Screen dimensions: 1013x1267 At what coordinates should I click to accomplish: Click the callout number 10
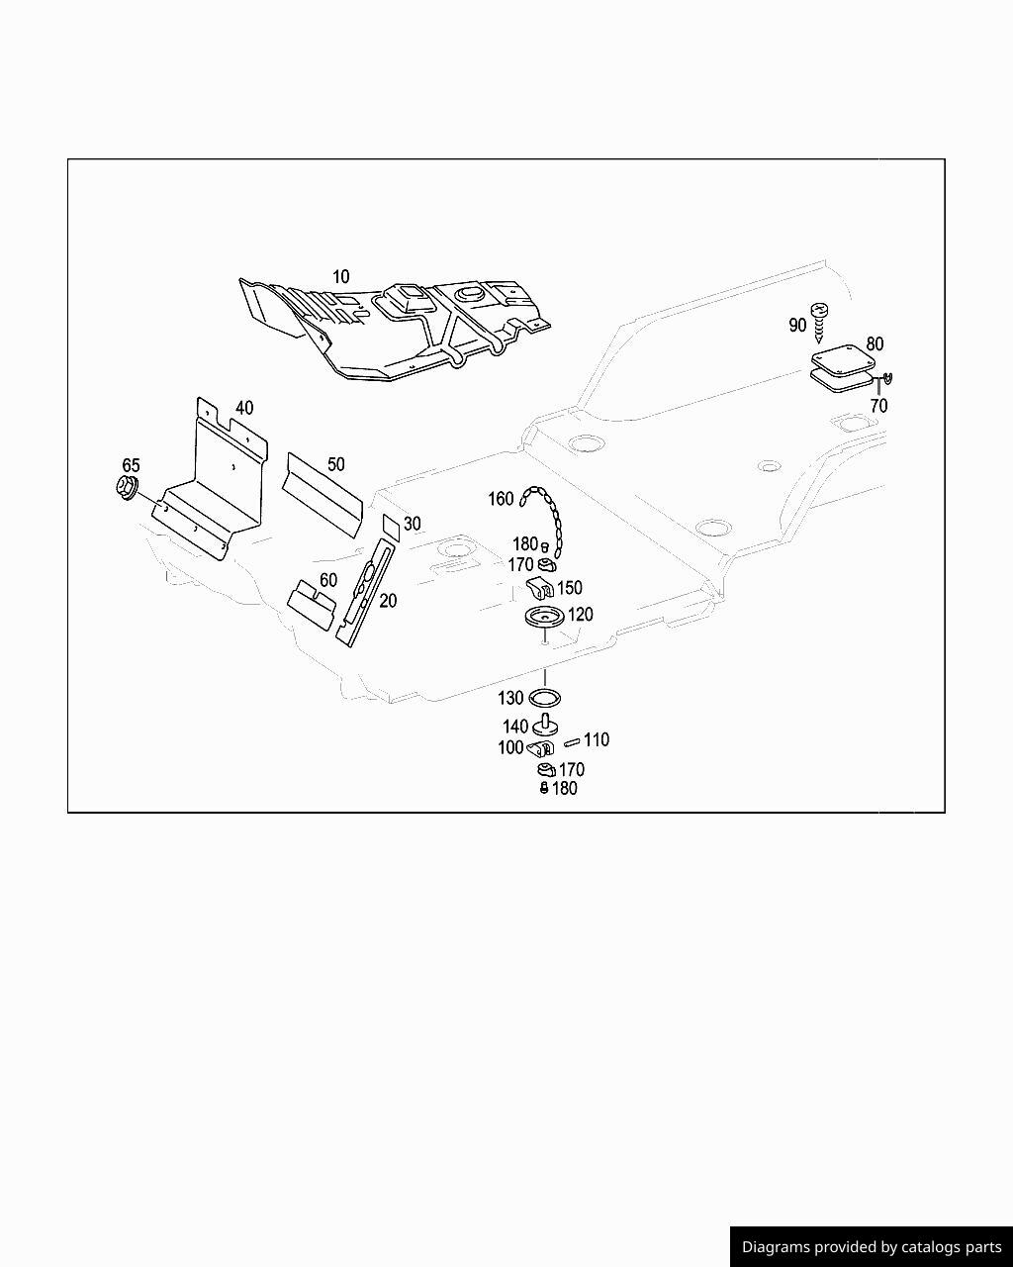(340, 277)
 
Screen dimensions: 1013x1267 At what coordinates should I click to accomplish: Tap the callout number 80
(875, 344)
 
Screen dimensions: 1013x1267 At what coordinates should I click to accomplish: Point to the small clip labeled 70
(887, 377)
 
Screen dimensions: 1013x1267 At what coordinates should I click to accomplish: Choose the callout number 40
(244, 408)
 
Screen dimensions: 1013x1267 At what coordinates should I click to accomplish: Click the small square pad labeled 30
(391, 526)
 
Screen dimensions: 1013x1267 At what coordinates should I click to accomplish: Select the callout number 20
(388, 601)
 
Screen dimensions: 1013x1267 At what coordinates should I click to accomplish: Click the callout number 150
(570, 588)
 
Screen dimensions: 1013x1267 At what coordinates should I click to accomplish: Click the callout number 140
(515, 727)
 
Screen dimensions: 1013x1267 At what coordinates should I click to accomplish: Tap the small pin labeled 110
(572, 742)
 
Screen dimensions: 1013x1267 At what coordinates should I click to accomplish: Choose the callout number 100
(510, 748)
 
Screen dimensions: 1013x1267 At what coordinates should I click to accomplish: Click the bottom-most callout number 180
(565, 789)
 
